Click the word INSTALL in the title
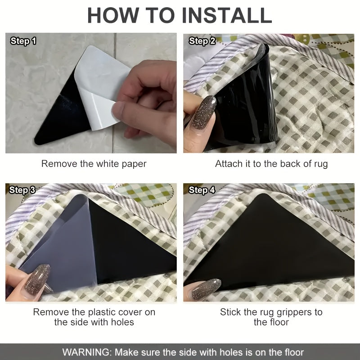click(227, 15)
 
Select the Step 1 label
click(23, 41)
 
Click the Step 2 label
click(202, 41)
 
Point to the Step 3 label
click(22, 190)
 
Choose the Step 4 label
click(202, 190)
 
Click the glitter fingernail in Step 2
click(204, 112)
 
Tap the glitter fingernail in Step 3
click(37, 279)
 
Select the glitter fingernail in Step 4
click(206, 289)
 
